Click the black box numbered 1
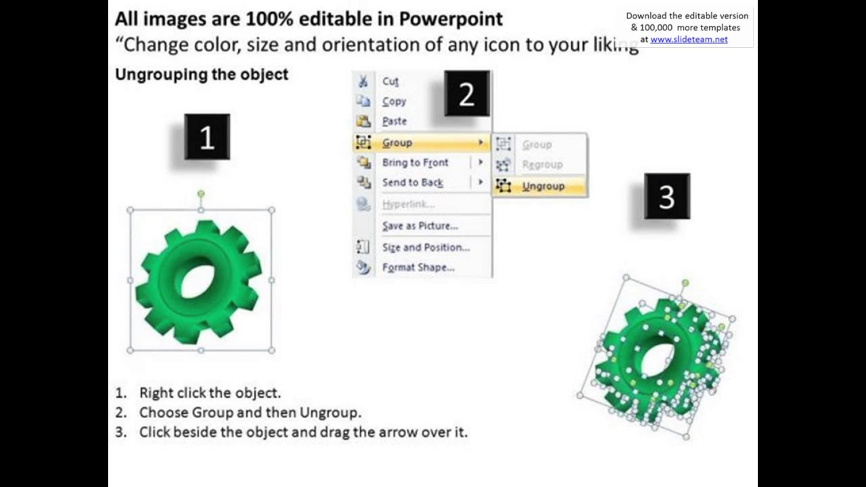point(207,137)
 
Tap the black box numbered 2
point(467,94)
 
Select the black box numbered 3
point(667,196)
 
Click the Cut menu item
point(390,82)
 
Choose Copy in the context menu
point(394,101)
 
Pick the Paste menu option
point(394,122)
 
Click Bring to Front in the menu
point(415,162)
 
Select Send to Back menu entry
point(412,183)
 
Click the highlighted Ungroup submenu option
point(543,187)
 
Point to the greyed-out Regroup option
point(542,165)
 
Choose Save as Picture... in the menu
point(419,226)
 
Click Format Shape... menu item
point(418,268)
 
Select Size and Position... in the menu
point(426,248)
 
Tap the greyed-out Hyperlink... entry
point(408,204)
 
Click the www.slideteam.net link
point(689,39)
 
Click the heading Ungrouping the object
point(202,74)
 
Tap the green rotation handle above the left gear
point(201,194)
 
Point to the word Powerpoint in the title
point(451,19)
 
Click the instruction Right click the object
point(210,393)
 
